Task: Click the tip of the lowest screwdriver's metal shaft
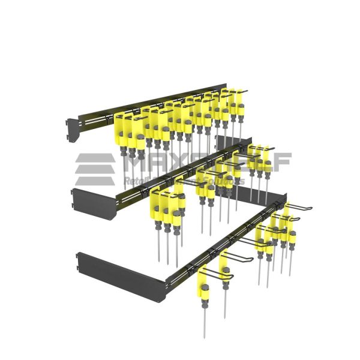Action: pos(205,334)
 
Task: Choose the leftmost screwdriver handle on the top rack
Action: pos(120,129)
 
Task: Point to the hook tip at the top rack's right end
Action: pos(246,91)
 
